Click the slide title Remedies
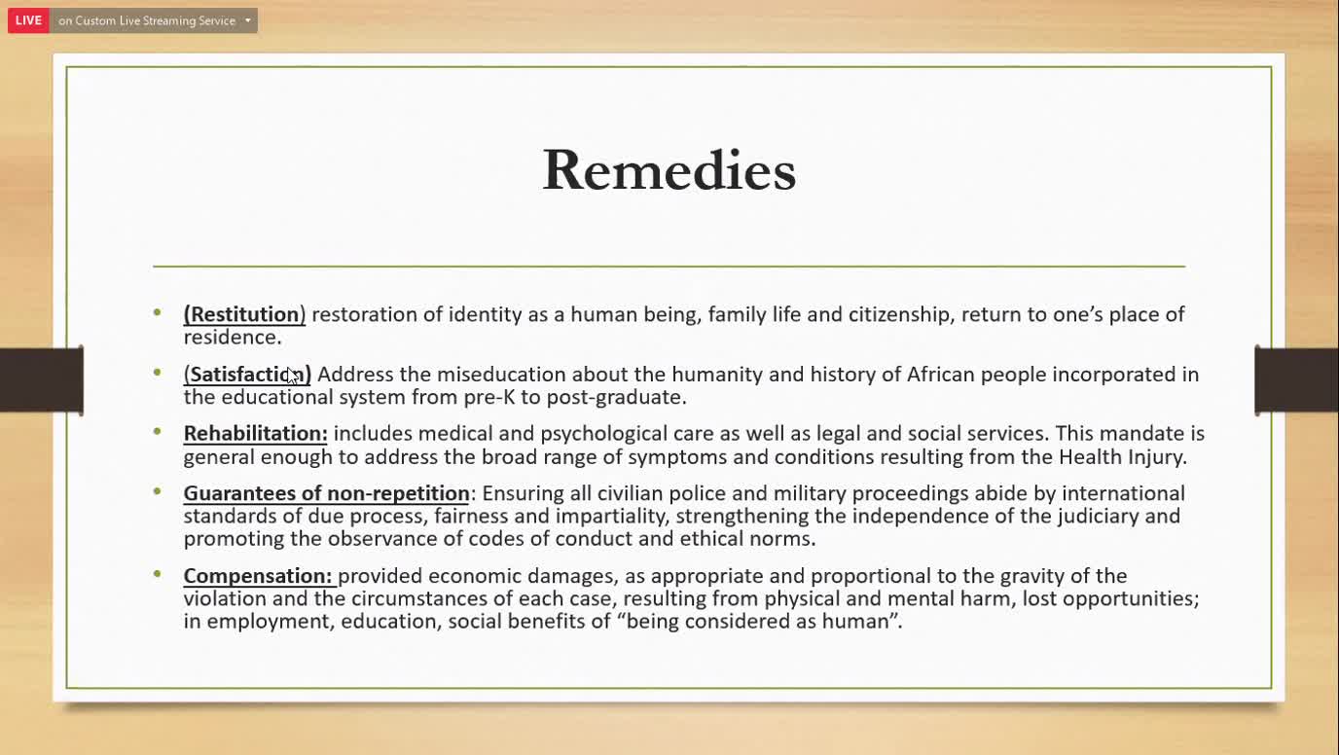(x=669, y=170)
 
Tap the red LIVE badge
(x=28, y=20)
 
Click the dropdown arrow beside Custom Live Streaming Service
(x=248, y=20)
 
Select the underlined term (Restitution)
(x=244, y=314)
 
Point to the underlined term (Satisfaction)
(x=247, y=375)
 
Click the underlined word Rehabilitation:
(x=256, y=434)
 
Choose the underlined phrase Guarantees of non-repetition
(x=326, y=494)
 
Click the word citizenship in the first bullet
(x=898, y=315)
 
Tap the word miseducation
(x=501, y=375)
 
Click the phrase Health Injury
(x=1121, y=457)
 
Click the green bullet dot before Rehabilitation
(x=158, y=431)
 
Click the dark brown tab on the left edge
(x=42, y=380)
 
